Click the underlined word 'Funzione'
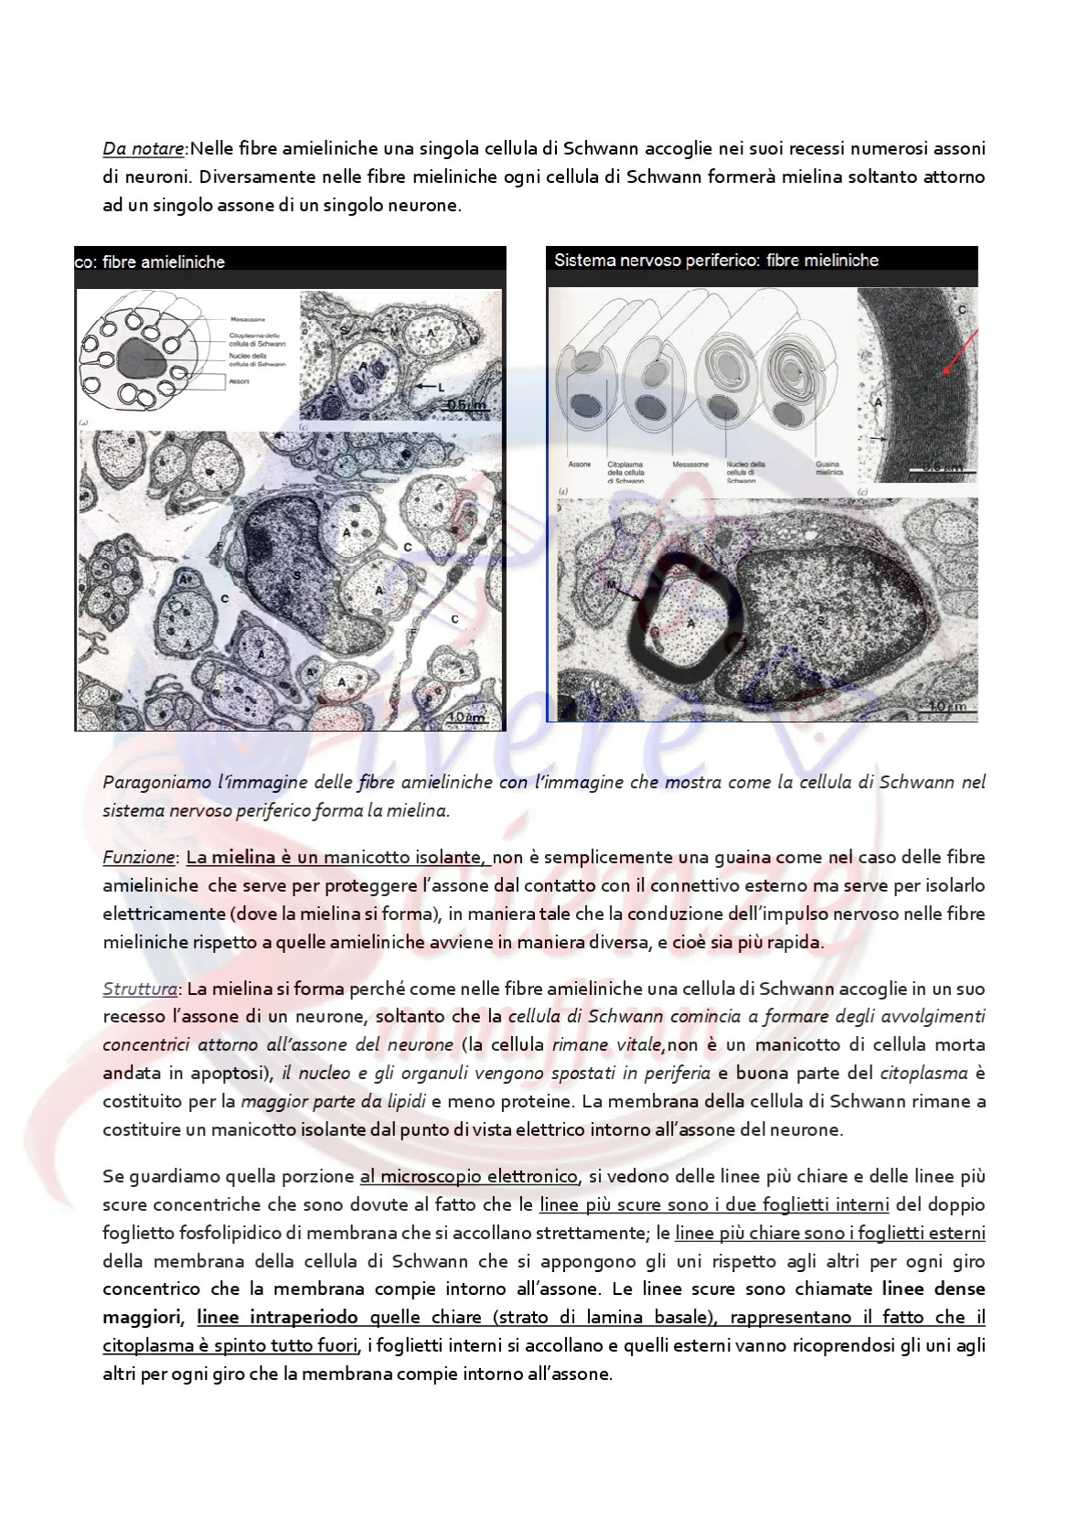pyautogui.click(x=138, y=857)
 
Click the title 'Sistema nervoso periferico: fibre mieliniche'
pyautogui.click(x=716, y=261)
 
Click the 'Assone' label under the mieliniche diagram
pyautogui.click(x=580, y=465)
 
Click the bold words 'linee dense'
pyautogui.click(x=934, y=1289)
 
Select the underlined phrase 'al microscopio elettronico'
pyautogui.click(x=469, y=1176)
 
